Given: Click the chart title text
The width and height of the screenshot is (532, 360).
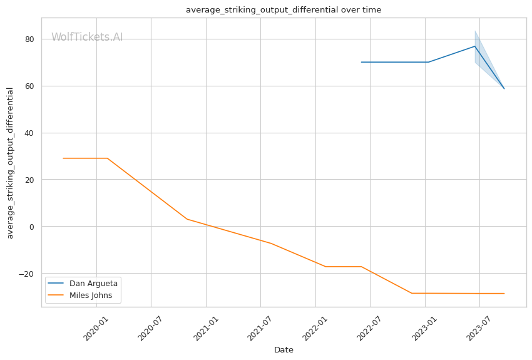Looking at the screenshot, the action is (x=284, y=10).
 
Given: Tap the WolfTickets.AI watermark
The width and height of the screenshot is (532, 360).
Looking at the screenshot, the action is (x=87, y=37).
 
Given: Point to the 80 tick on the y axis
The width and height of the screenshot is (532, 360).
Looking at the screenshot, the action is (x=29, y=39).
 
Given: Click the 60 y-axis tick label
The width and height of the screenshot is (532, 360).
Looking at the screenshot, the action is (x=29, y=86).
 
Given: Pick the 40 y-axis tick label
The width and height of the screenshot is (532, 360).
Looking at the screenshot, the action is (x=29, y=133).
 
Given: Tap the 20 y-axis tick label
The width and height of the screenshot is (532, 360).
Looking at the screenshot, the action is (x=29, y=180).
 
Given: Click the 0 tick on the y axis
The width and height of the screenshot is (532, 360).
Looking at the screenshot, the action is (x=32, y=227).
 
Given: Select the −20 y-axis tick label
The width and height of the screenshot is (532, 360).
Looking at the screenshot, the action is (x=26, y=274).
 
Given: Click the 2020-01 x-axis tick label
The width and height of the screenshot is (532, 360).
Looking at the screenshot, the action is (x=95, y=328).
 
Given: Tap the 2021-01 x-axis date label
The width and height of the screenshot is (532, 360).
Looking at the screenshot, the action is (x=205, y=328).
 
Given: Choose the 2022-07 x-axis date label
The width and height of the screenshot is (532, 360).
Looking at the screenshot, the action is (x=369, y=328).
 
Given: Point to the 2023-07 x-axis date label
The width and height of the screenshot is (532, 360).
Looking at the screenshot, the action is (x=478, y=328).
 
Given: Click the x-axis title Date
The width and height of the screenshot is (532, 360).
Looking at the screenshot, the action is (x=284, y=350).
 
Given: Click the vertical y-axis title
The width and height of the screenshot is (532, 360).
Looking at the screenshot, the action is (x=10, y=163).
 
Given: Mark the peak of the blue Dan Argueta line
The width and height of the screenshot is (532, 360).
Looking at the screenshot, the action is (x=474, y=46).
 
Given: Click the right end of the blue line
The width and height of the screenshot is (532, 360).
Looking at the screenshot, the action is (x=504, y=88).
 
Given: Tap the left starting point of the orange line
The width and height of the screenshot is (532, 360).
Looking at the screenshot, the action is (x=63, y=158).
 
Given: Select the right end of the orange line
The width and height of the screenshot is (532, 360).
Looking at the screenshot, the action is (x=504, y=294).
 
